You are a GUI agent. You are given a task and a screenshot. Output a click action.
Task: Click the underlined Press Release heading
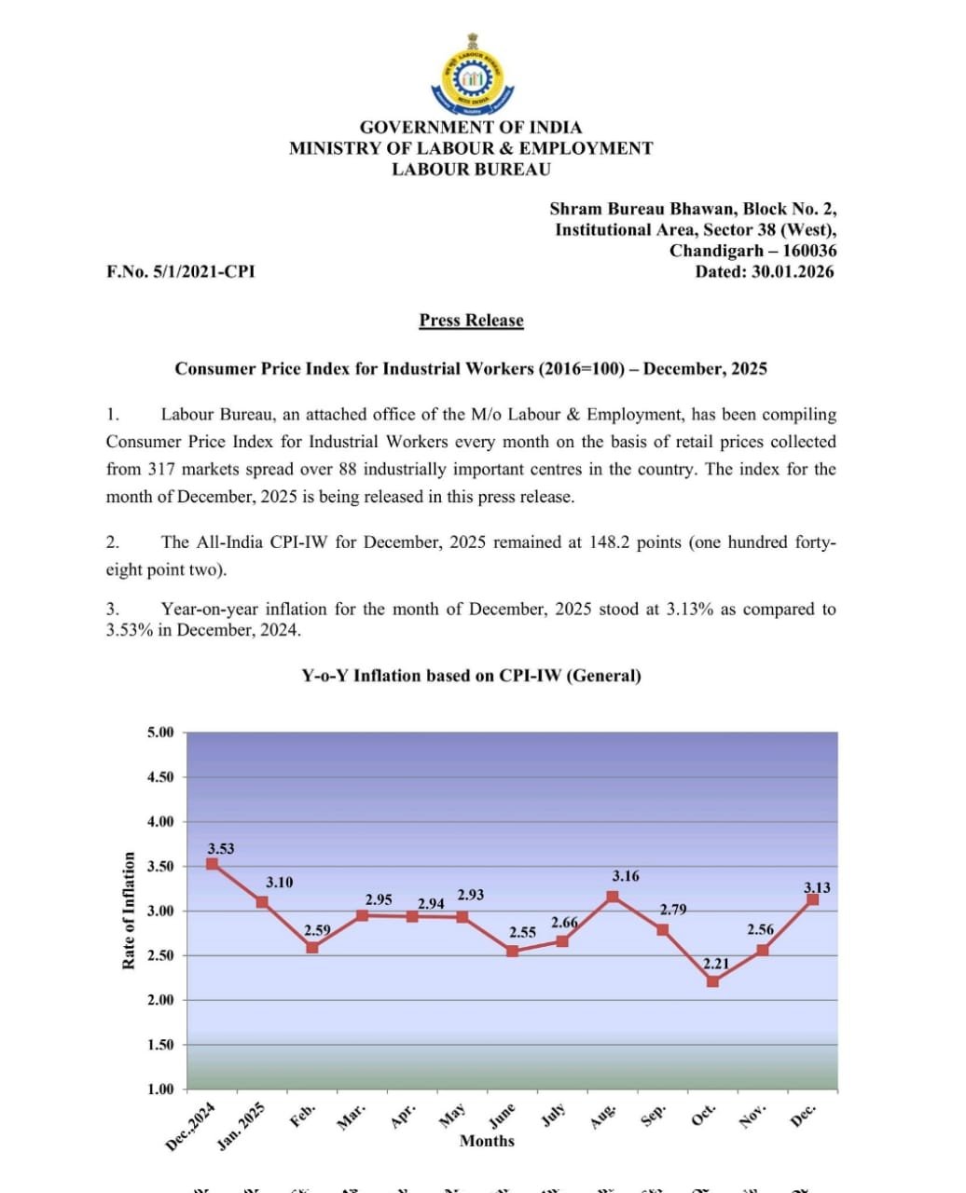471,321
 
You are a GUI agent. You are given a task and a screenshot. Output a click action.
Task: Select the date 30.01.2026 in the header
793,272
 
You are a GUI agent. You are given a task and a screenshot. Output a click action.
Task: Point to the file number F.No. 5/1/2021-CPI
180,272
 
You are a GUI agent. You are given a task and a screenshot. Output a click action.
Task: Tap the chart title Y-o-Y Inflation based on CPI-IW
471,676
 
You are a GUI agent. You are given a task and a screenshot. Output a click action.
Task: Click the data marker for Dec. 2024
213,864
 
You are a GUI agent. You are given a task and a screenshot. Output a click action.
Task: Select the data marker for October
713,980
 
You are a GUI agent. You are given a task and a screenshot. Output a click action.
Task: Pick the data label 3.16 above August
626,876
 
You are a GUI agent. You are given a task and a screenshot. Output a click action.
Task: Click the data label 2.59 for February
317,930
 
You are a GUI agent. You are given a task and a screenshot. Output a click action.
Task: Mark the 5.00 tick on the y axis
160,733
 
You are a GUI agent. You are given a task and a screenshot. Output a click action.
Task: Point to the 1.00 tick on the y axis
160,1089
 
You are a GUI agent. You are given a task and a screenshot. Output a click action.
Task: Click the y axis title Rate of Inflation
129,911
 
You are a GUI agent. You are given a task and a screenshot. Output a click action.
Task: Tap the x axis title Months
487,1141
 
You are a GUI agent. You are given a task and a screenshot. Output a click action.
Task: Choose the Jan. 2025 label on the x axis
241,1126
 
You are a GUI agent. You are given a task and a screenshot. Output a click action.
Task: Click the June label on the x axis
502,1116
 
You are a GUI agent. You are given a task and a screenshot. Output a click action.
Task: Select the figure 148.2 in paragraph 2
610,542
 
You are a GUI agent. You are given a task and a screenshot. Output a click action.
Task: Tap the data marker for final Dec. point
812,899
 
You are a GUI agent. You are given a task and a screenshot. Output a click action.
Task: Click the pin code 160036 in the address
808,251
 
